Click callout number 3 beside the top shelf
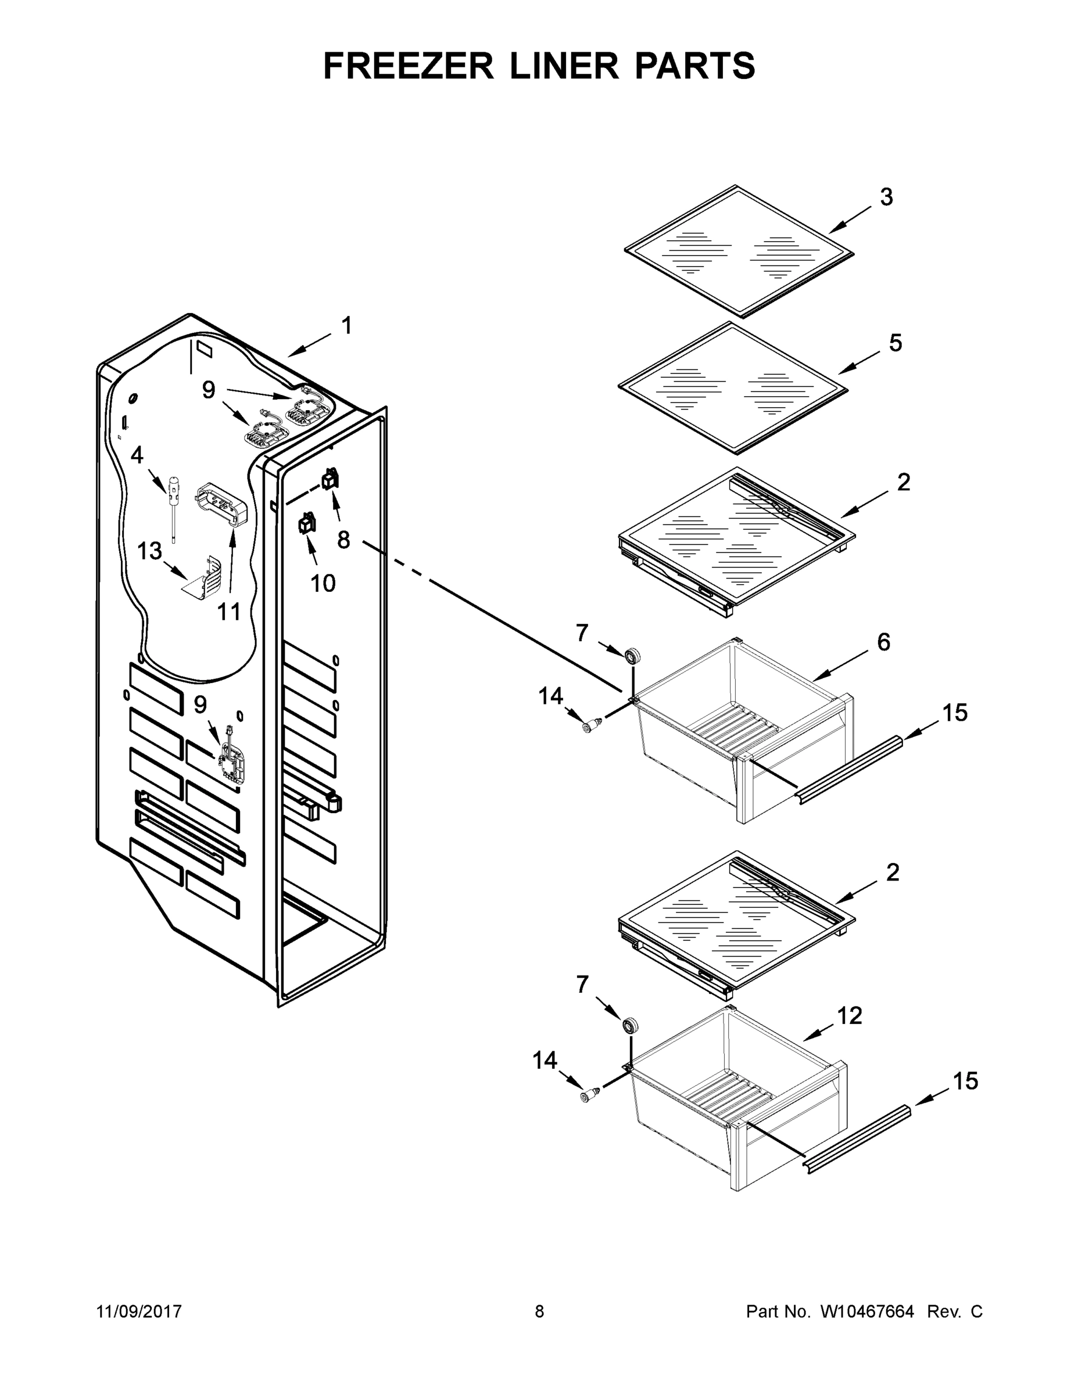pos(886,197)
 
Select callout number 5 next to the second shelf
pos(896,343)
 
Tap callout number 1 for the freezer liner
pos(347,326)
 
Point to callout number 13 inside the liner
pos(150,550)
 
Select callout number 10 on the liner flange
pos(323,583)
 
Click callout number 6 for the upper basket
pos(883,642)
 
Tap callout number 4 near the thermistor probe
pos(137,455)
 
